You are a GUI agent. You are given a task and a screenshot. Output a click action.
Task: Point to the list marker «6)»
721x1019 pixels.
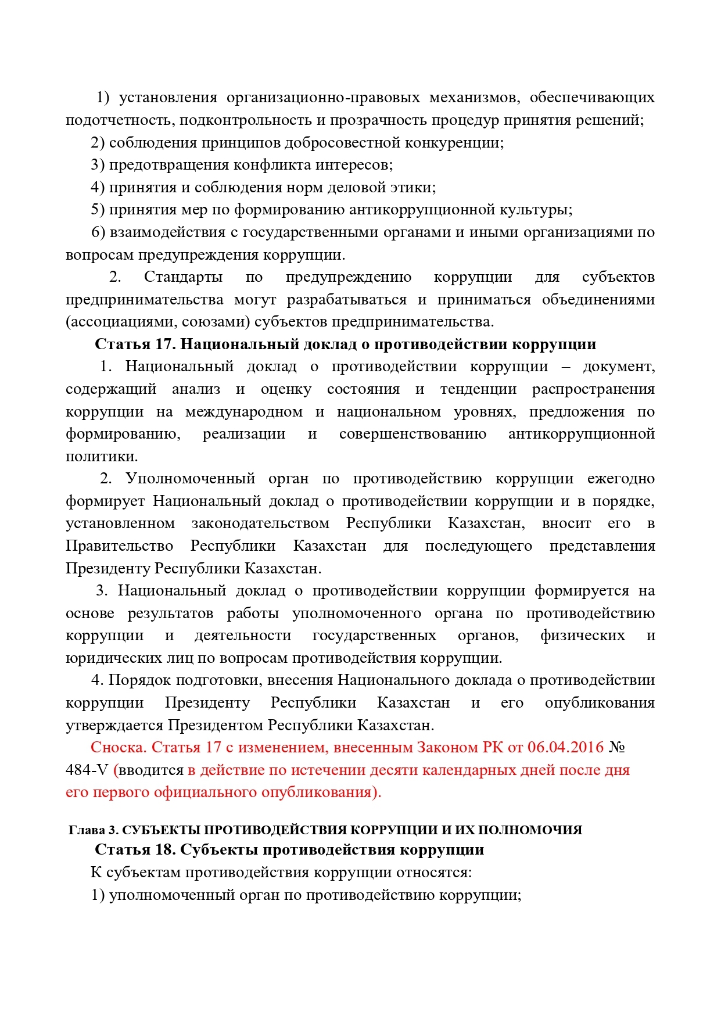(98, 232)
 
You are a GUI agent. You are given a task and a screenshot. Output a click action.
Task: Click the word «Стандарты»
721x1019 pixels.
(183, 277)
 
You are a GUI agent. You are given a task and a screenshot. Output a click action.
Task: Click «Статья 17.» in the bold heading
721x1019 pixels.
(135, 345)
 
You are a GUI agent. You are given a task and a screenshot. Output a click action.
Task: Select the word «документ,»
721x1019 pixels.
(619, 367)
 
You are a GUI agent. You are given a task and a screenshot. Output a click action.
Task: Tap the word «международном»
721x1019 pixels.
(244, 412)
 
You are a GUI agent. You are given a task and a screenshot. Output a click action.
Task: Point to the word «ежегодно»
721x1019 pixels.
(620, 479)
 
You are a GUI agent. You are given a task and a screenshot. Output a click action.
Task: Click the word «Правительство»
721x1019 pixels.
(119, 546)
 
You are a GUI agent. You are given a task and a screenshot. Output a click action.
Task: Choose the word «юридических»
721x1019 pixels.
(103, 658)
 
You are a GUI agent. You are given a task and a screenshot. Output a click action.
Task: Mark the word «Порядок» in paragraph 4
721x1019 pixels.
(133, 680)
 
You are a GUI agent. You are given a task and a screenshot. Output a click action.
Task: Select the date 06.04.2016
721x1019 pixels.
(565, 748)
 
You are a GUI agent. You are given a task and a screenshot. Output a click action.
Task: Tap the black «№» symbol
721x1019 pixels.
(617, 748)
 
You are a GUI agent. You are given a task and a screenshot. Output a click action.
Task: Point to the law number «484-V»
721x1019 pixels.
(87, 770)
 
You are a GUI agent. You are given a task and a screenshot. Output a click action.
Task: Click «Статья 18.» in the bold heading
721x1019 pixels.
(135, 850)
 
